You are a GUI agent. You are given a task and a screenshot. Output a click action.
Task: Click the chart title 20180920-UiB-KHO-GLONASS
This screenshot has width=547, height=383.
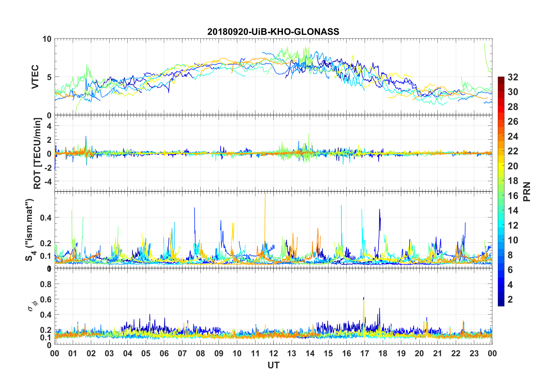pyautogui.click(x=273, y=32)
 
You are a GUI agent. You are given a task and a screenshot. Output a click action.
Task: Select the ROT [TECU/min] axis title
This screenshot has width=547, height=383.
pyautogui.click(x=37, y=153)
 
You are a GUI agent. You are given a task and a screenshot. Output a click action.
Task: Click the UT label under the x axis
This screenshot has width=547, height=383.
pyautogui.click(x=273, y=365)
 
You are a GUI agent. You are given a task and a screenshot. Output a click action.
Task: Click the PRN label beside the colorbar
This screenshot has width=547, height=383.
pyautogui.click(x=527, y=192)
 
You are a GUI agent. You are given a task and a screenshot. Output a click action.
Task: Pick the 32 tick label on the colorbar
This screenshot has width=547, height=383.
pyautogui.click(x=513, y=77)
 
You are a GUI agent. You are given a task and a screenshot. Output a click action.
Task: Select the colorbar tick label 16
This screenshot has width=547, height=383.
pyautogui.click(x=513, y=196)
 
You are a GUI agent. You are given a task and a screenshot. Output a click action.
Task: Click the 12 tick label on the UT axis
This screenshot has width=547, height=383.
pyautogui.click(x=273, y=354)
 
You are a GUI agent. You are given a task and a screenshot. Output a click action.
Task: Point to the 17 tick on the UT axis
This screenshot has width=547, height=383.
pyautogui.click(x=365, y=354)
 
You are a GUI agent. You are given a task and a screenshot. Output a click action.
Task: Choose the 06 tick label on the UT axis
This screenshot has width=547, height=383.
pyautogui.click(x=164, y=354)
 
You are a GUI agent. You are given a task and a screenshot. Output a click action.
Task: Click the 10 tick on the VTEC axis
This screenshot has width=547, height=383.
pyautogui.click(x=47, y=39)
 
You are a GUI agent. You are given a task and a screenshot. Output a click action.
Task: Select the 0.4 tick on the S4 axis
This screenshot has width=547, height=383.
pyautogui.click(x=46, y=218)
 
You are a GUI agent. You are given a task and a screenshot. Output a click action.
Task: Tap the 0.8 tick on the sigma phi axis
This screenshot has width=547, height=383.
pyautogui.click(x=46, y=284)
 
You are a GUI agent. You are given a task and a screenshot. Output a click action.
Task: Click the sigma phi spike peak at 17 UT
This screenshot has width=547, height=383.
pyautogui.click(x=364, y=298)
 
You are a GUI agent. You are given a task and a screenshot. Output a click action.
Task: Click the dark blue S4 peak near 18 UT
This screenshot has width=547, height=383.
pyautogui.click(x=380, y=210)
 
